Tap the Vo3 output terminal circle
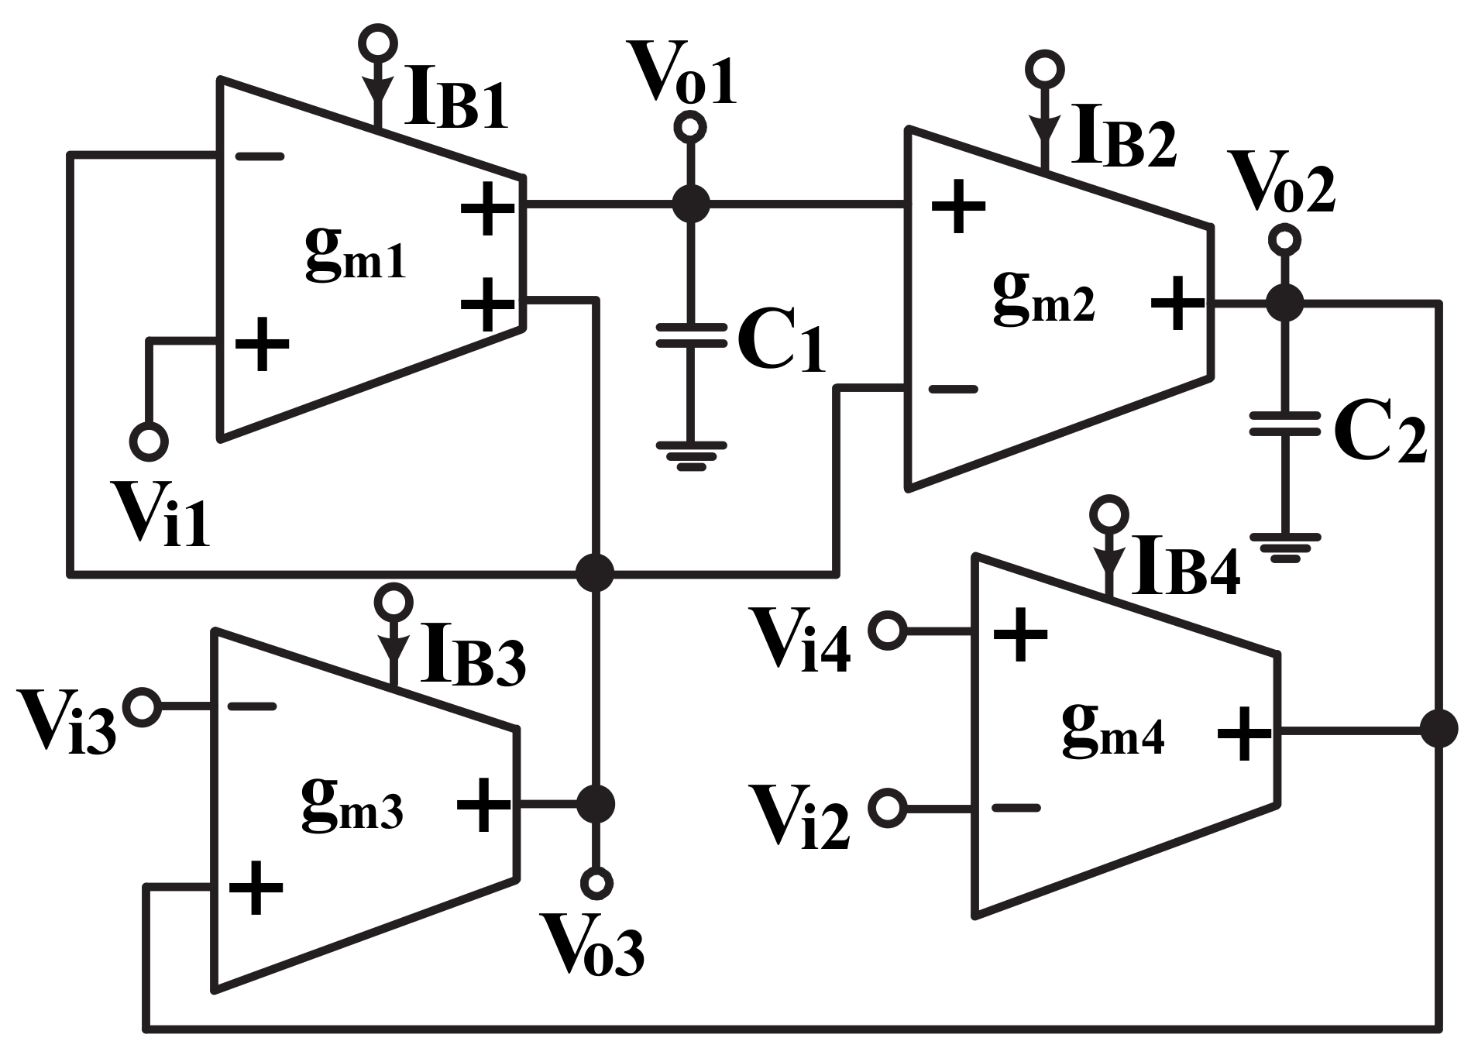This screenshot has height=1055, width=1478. (x=596, y=882)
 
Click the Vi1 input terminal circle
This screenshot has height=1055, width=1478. (x=148, y=442)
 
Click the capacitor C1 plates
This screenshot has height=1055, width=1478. (x=690, y=336)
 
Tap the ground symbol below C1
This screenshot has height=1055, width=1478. (x=690, y=456)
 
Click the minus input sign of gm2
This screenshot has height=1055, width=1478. (x=952, y=389)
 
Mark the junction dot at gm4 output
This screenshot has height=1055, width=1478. (x=1439, y=729)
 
